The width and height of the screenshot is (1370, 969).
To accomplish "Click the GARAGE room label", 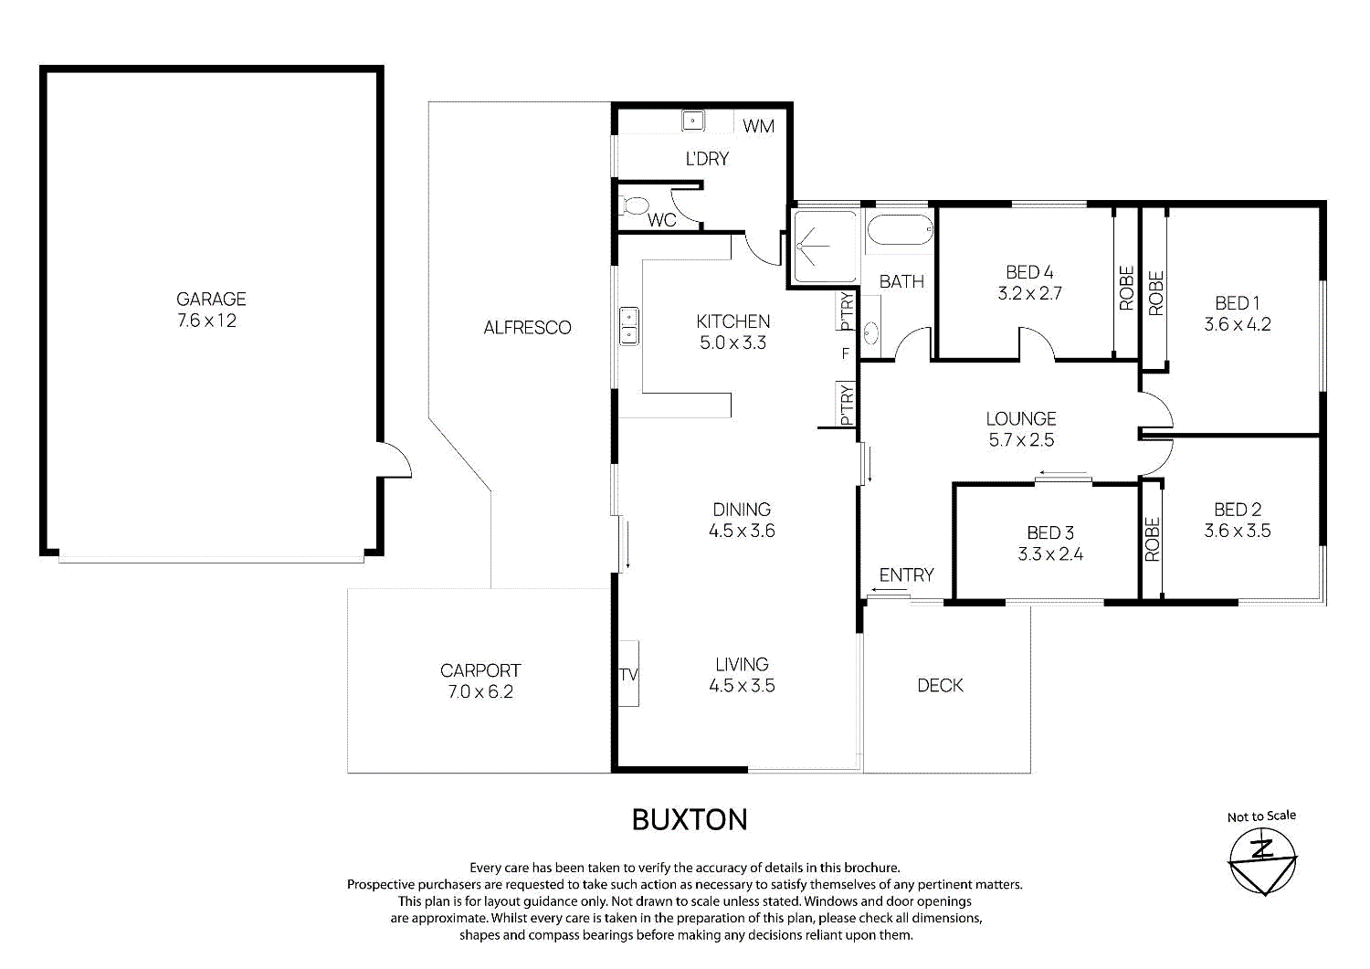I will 211,299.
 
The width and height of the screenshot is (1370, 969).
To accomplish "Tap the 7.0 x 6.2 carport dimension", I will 480,692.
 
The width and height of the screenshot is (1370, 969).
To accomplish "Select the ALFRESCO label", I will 527,328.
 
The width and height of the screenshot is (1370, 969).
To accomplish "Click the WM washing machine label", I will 758,126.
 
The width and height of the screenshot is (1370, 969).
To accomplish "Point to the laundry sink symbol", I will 693,121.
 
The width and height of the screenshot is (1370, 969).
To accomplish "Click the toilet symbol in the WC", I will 633,205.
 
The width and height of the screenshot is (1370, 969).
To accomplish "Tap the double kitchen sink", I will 629,326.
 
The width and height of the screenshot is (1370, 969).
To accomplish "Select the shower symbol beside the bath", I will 824,246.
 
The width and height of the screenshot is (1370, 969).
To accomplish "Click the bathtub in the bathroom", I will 900,229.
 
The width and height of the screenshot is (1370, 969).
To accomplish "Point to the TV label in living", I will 628,675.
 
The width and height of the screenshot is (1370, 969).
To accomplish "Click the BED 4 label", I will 1029,272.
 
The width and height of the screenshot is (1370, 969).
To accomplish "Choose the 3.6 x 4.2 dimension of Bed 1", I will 1238,324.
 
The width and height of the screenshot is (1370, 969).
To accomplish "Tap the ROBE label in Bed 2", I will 1153,539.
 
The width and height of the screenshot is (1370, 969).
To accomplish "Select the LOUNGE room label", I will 1021,418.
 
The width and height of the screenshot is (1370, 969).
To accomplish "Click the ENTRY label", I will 906,574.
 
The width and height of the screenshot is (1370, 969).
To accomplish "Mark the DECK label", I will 940,685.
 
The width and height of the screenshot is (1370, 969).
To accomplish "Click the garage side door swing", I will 395,460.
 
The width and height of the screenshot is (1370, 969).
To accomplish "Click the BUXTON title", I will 690,819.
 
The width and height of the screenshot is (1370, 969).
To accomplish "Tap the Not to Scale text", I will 1261,816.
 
